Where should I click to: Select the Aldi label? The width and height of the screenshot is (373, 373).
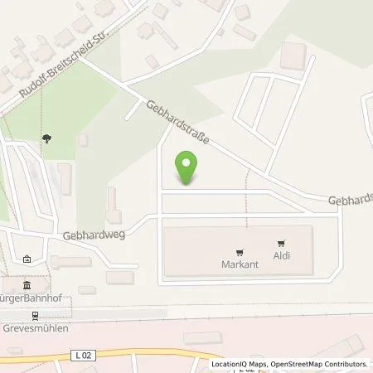tap(282, 256)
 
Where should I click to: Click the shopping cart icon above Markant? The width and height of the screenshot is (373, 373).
tap(240, 251)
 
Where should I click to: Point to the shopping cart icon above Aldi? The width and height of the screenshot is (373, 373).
tap(282, 243)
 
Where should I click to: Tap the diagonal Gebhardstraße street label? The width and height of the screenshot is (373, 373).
tap(177, 122)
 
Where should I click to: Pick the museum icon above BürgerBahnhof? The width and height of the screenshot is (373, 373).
tap(17, 286)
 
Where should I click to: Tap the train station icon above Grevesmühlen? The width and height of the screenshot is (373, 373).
tap(36, 316)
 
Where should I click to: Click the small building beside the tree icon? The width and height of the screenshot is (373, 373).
tap(83, 141)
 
